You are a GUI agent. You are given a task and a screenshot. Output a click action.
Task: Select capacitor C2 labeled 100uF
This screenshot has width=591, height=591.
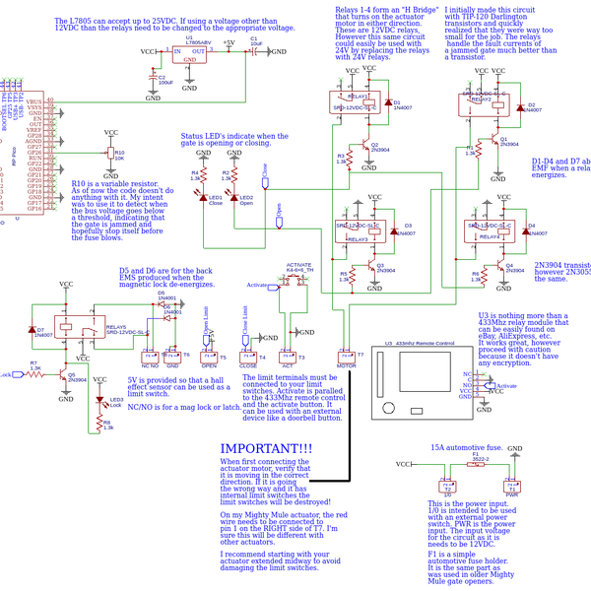click(154, 77)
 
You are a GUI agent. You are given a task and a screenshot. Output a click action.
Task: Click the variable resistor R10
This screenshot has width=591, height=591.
click(110, 153)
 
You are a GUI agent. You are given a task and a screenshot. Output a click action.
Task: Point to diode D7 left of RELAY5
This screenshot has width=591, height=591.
click(33, 331)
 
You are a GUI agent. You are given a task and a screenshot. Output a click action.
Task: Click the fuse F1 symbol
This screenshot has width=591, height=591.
click(475, 461)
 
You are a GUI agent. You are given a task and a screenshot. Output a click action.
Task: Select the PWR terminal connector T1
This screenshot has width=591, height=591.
click(510, 487)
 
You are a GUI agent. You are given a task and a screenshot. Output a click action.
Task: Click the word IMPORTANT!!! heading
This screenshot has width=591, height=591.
click(266, 448)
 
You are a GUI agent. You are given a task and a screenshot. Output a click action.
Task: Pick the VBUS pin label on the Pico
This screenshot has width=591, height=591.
click(33, 101)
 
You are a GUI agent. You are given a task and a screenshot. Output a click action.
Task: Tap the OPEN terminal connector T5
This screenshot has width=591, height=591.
click(209, 356)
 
